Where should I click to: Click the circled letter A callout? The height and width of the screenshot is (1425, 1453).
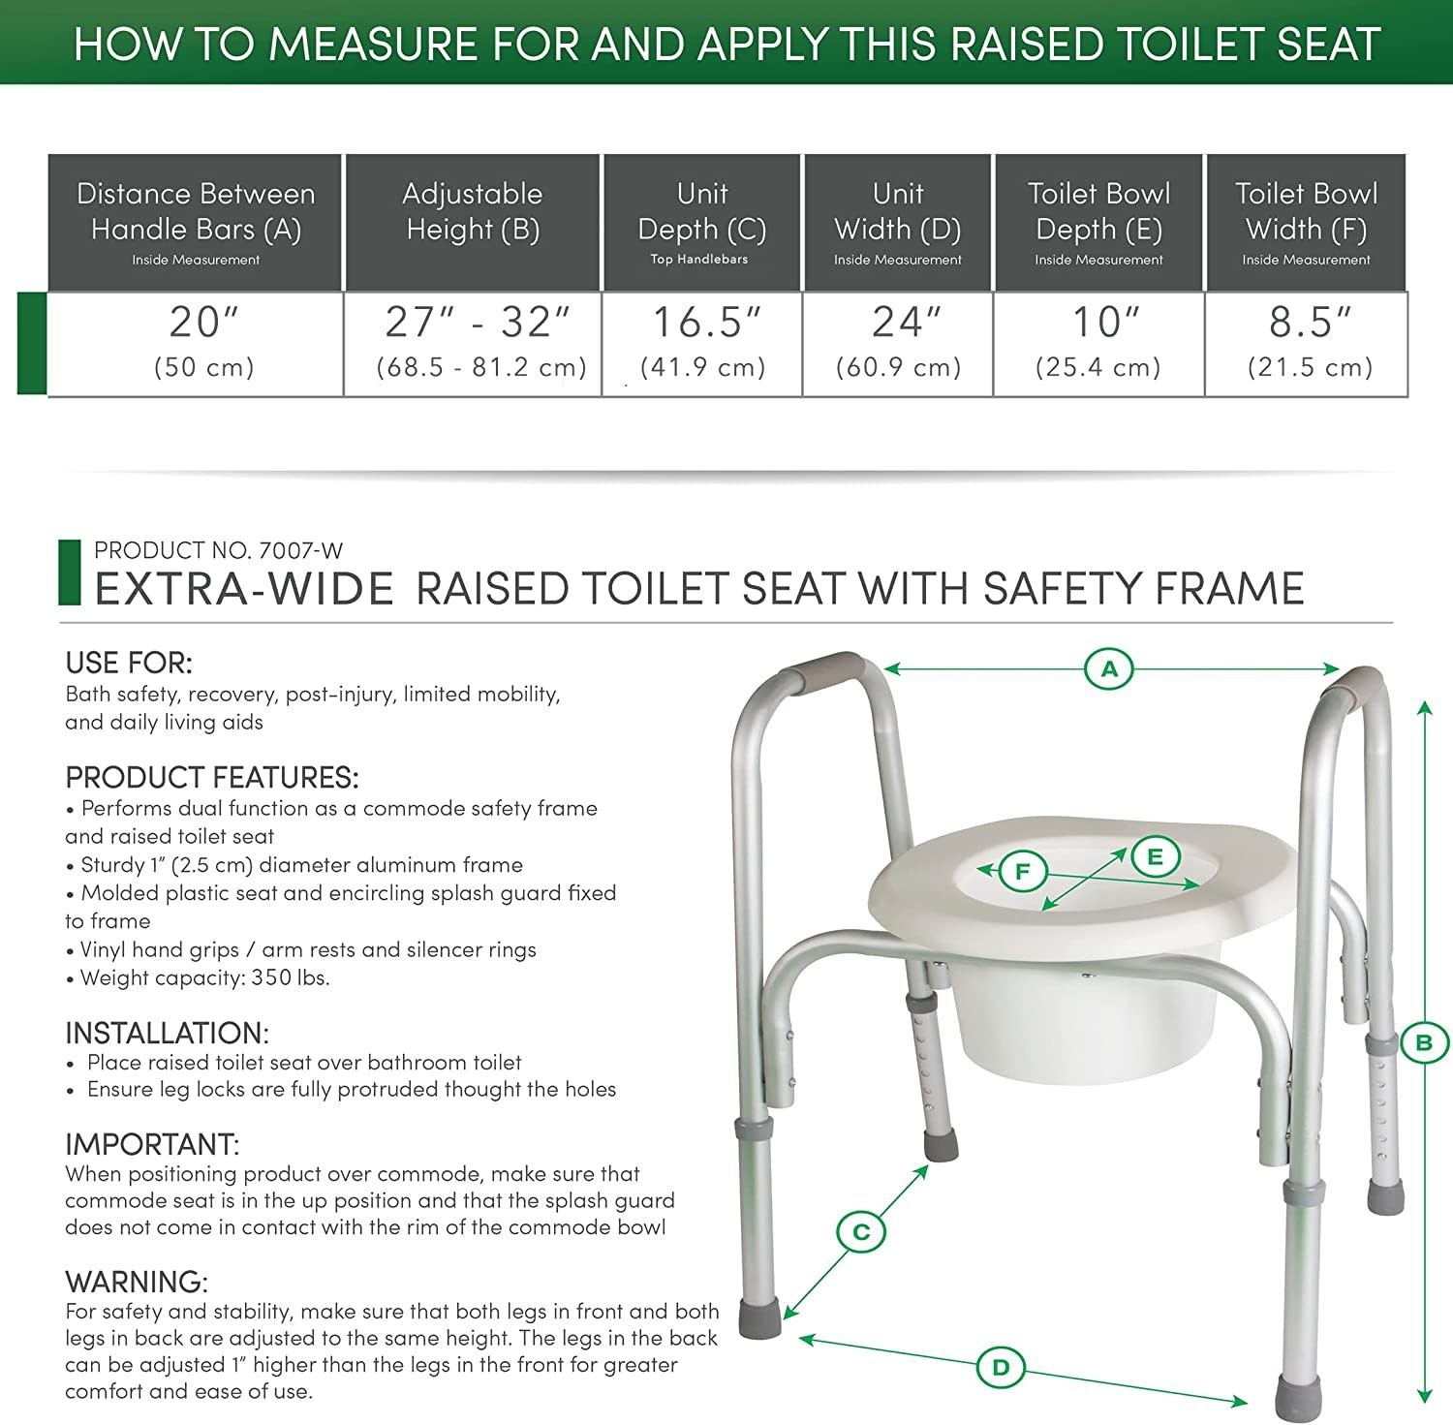[1109, 668]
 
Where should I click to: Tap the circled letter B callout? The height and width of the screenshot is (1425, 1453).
[1423, 1042]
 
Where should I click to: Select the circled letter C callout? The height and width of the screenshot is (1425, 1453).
[861, 1232]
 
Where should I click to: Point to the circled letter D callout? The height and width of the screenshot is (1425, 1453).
[1001, 1367]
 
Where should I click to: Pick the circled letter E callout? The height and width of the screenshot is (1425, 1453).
[1155, 856]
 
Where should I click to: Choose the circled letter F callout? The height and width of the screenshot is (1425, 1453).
[1022, 871]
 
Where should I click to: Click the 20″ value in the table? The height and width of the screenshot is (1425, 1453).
[203, 323]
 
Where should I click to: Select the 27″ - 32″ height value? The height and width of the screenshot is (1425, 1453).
[478, 323]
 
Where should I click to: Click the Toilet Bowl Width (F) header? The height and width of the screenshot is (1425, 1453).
[1306, 211]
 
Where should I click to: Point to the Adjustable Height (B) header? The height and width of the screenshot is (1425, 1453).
[473, 211]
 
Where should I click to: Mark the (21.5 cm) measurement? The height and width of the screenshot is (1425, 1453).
[1310, 367]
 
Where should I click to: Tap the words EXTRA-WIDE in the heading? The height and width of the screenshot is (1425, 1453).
[244, 589]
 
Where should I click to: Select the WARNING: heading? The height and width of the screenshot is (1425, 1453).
[137, 1282]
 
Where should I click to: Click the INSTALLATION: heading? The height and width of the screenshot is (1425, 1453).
[167, 1033]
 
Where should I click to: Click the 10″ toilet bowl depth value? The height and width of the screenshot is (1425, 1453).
[1105, 323]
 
